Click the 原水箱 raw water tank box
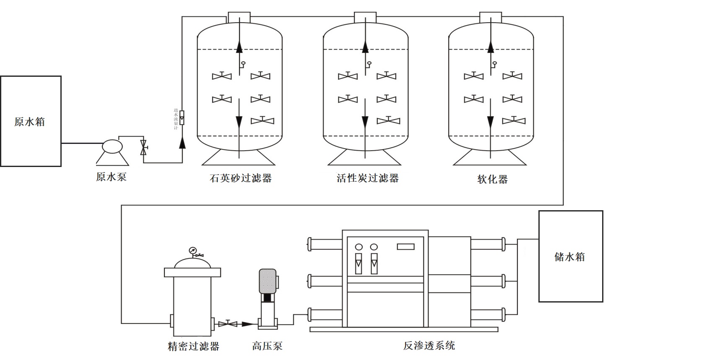(31, 121)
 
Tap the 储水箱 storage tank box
(570, 256)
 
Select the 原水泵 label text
(111, 177)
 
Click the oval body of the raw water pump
(112, 146)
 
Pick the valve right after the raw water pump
(143, 147)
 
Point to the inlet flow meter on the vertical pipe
(182, 117)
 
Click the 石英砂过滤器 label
(241, 178)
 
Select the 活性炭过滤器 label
(367, 178)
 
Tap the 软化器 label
(492, 179)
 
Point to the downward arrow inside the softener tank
(490, 122)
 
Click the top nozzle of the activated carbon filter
(365, 18)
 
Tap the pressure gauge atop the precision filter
(192, 250)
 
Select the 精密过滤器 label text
(193, 346)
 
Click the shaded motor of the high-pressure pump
(267, 281)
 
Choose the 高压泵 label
(267, 346)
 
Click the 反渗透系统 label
(429, 346)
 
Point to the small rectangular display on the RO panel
(405, 247)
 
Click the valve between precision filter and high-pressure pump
(228, 323)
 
